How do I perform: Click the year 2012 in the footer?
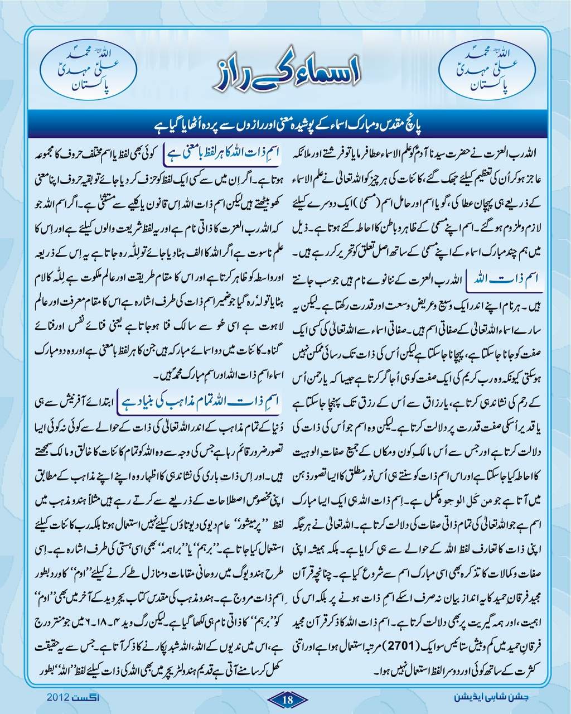tap(58, 698)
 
